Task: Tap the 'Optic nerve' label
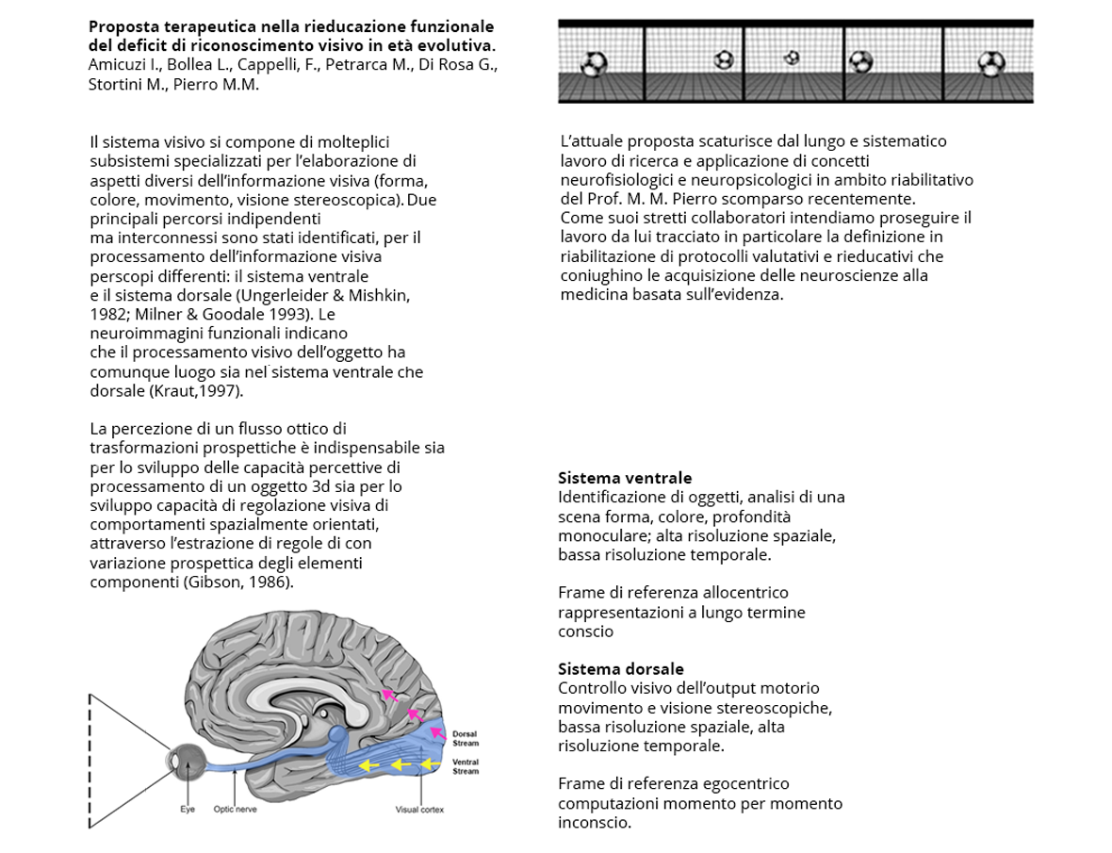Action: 235,809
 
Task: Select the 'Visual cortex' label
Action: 419,810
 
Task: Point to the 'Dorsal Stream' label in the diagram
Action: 466,738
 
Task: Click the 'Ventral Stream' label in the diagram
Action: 466,766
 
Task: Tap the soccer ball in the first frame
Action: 594,64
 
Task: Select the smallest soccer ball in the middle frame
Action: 792,57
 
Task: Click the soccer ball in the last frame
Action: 989,64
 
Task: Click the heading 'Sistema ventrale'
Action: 625,478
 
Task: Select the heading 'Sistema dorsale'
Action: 621,669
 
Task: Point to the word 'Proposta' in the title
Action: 123,26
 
